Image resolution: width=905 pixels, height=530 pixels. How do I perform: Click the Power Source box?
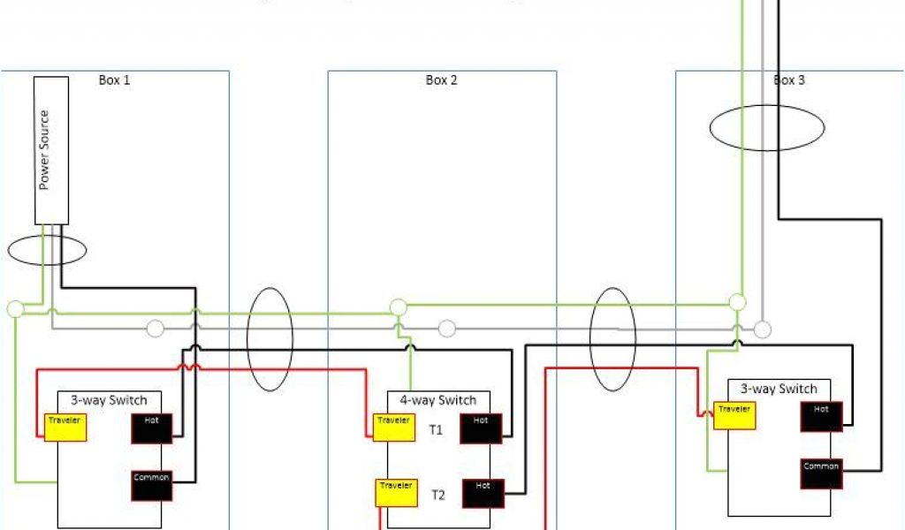point(51,150)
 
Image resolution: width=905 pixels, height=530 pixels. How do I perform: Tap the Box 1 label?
point(114,80)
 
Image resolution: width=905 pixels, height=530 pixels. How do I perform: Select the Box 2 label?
point(441,80)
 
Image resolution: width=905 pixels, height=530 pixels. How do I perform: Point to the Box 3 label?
point(789,80)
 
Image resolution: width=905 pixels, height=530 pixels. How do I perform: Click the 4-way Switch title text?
point(438,400)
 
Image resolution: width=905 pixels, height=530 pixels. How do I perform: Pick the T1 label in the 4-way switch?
point(437,430)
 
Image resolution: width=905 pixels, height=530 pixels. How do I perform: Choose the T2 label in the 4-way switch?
point(437,495)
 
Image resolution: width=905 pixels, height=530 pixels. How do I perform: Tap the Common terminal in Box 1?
point(151,482)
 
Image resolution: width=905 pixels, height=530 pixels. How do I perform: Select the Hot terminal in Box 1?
point(152,428)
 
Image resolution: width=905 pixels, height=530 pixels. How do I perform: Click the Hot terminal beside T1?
point(481,427)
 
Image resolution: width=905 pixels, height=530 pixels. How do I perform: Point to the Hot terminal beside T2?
point(482,492)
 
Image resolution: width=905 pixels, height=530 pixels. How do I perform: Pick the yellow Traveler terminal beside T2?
point(396,492)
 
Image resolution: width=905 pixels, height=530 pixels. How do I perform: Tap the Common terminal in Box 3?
point(822,472)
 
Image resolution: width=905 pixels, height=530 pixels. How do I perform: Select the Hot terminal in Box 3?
point(822,416)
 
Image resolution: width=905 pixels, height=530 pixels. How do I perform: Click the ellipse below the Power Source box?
point(47,250)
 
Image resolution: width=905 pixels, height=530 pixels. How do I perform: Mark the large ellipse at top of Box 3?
point(767,128)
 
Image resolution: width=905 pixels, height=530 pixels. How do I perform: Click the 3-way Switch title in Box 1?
point(110,400)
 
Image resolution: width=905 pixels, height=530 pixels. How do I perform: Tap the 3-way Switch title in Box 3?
point(779,389)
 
